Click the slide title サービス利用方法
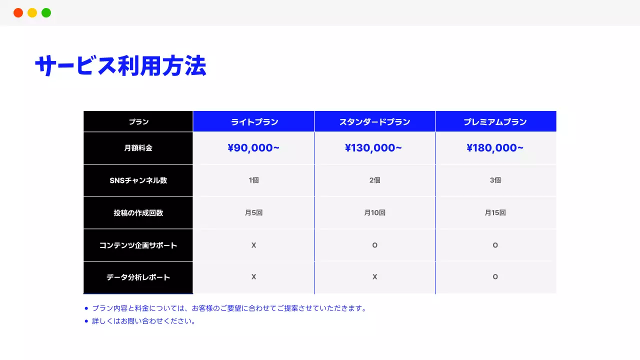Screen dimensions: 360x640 pos(120,66)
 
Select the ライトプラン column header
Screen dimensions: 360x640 pos(254,122)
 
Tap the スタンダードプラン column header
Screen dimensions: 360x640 pos(374,122)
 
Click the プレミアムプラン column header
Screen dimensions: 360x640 pos(495,122)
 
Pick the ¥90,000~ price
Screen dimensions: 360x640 pos(253,148)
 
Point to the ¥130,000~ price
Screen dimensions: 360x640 pos(373,148)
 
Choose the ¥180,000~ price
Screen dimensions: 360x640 pos(495,148)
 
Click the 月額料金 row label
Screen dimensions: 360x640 pos(138,148)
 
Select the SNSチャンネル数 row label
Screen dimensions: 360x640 pos(138,180)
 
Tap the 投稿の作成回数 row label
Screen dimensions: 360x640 pos(138,213)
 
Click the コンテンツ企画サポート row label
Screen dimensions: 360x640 pos(138,245)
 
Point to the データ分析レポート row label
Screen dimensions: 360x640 pos(138,277)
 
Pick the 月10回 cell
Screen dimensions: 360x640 pos(374,213)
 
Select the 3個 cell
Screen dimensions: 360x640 pos(495,180)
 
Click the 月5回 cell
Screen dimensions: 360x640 pos(253,213)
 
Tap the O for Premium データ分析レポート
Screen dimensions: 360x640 pos(495,277)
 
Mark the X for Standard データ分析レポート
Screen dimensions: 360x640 pos(374,277)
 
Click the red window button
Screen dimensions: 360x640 pos(18,13)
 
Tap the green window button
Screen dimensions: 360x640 pos(46,13)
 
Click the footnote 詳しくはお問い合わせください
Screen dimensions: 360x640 pos(143,321)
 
